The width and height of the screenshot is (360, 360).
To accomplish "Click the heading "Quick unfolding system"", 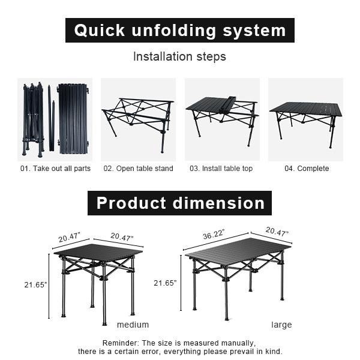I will (179, 31).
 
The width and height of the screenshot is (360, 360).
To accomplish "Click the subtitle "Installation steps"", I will (179, 57).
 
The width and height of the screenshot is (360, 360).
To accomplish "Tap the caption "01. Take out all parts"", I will (55, 169).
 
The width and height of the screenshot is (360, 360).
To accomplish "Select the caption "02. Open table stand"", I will (138, 169).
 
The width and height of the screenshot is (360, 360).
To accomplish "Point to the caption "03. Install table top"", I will (221, 169).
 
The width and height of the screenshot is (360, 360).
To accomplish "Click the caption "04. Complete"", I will (306, 169).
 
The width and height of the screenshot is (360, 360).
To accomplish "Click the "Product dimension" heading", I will (180, 203).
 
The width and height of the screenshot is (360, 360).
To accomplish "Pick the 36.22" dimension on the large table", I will (214, 236).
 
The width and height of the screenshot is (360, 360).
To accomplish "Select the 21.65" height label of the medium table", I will (35, 285).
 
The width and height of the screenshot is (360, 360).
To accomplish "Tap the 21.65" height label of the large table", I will (165, 283).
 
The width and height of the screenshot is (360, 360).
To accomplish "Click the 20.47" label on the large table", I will (277, 232).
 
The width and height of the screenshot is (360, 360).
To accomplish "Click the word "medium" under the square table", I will (133, 325).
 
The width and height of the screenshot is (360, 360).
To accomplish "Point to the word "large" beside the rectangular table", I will (281, 325).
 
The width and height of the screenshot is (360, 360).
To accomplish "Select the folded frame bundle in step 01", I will (33, 118).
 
